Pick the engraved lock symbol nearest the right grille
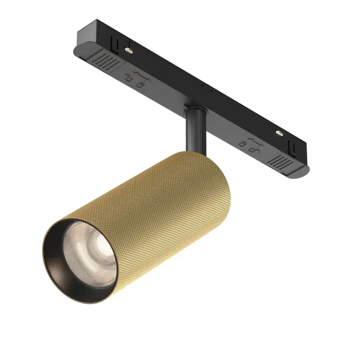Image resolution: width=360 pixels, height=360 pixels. [x=253, y=145]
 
